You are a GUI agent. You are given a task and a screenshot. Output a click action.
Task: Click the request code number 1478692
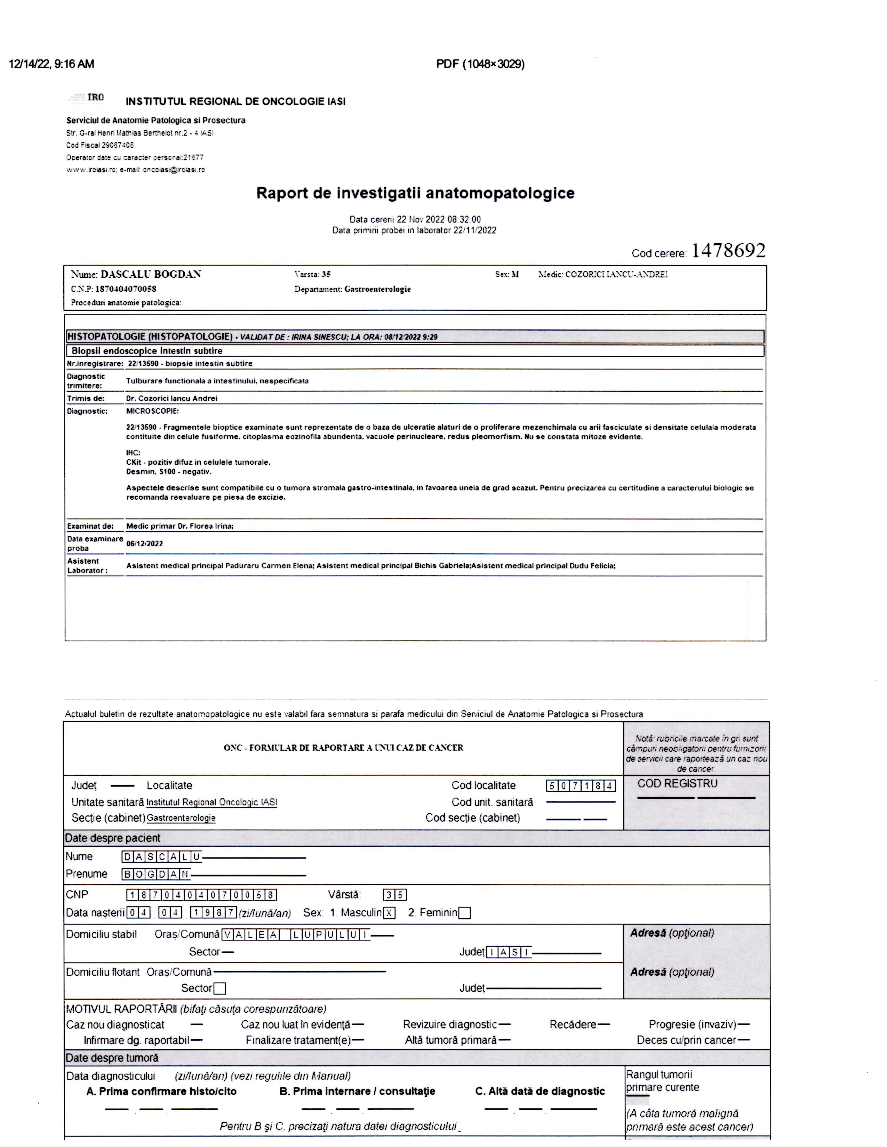(x=728, y=251)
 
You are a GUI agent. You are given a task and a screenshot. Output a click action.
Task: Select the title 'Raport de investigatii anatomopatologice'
(x=415, y=193)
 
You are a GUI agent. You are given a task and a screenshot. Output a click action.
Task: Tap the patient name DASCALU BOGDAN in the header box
(x=151, y=274)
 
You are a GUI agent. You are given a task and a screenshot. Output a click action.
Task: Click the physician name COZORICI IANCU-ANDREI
(x=616, y=274)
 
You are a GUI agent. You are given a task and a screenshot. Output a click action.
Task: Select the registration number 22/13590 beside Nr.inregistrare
(x=143, y=364)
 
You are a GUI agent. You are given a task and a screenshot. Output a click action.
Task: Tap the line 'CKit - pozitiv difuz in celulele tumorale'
(x=198, y=462)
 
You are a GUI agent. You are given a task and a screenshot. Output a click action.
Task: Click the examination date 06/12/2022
(x=144, y=544)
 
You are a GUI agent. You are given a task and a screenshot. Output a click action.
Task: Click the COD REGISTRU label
(x=677, y=783)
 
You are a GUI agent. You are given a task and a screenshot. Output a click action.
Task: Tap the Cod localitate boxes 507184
(x=581, y=786)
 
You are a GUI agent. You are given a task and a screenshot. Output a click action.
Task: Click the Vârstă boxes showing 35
(x=395, y=895)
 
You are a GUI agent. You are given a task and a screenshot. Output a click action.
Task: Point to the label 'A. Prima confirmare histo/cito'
(x=161, y=1091)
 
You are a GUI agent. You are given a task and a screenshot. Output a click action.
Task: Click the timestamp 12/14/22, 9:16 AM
(x=51, y=64)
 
